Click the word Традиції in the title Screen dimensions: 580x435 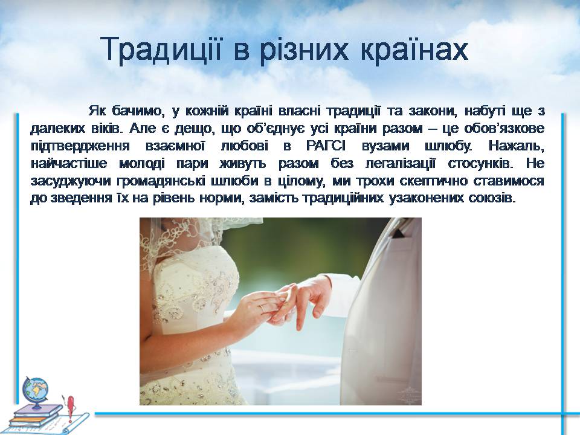pyautogui.click(x=161, y=49)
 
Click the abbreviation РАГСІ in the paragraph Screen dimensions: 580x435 pyautogui.click(x=326, y=146)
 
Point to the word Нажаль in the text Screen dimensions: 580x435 pyautogui.click(x=517, y=146)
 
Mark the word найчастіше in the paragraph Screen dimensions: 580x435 pyautogui.click(x=69, y=164)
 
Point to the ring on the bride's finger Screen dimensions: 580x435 pyautogui.click(x=263, y=308)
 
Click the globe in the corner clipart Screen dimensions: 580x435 pyautogui.click(x=36, y=391)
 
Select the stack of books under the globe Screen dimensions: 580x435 pyautogui.click(x=35, y=416)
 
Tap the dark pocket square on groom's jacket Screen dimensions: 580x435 pyautogui.click(x=398, y=234)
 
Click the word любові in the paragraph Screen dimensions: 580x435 pyautogui.click(x=245, y=146)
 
